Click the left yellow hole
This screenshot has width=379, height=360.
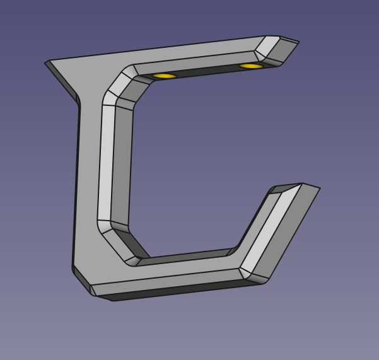[x=165, y=76]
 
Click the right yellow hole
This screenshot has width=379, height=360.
[x=251, y=66]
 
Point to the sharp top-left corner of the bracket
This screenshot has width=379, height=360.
[x=46, y=62]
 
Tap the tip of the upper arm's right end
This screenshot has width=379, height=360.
[x=298, y=42]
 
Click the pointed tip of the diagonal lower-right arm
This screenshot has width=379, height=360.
[x=319, y=188]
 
